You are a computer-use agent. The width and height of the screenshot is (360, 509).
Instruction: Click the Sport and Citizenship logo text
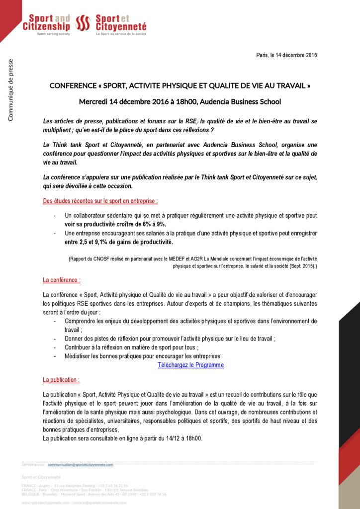[46, 22]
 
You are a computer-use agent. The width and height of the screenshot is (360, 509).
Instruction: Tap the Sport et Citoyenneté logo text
[121, 22]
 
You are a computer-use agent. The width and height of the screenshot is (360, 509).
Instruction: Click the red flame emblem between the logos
[83, 23]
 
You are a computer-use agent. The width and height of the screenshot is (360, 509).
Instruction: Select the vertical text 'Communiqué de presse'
[10, 90]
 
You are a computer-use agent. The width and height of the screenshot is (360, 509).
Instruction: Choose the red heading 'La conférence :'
[62, 280]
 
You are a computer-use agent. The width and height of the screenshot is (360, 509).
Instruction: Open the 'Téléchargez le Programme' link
[190, 365]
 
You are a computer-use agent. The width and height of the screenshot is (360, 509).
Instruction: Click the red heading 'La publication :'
[61, 380]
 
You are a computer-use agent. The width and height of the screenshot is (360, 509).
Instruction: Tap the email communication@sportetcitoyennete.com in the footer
[80, 465]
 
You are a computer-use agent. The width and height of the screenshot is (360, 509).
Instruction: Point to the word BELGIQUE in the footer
[30, 494]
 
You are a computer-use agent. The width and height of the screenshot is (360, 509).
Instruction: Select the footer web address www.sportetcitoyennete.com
[45, 503]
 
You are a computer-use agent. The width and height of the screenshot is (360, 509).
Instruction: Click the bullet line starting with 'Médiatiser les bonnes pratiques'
[142, 356]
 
